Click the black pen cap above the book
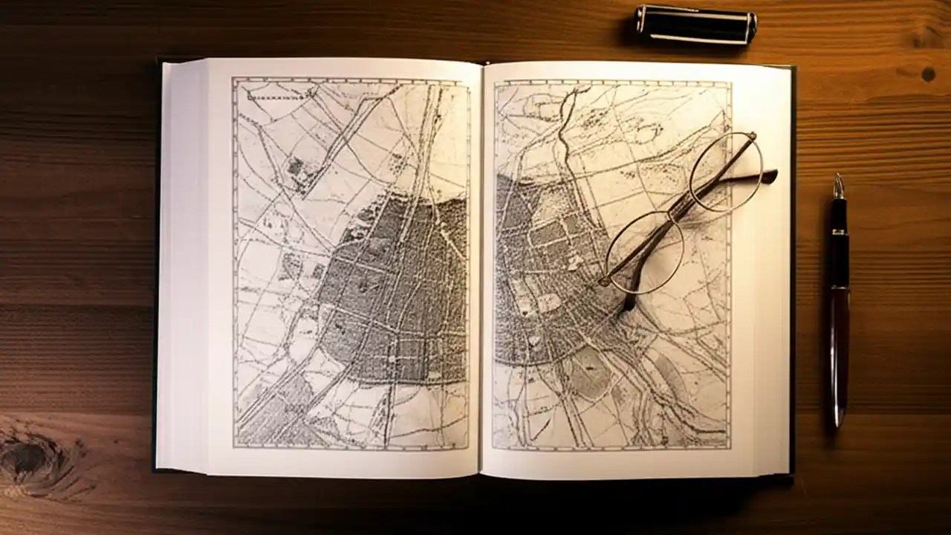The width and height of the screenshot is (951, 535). pyautogui.click(x=695, y=25)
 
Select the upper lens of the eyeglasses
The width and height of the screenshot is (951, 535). pyautogui.click(x=725, y=172)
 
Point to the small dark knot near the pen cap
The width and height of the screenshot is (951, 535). pyautogui.click(x=928, y=74)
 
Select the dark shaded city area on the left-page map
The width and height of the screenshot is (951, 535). pyautogui.click(x=394, y=290)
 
